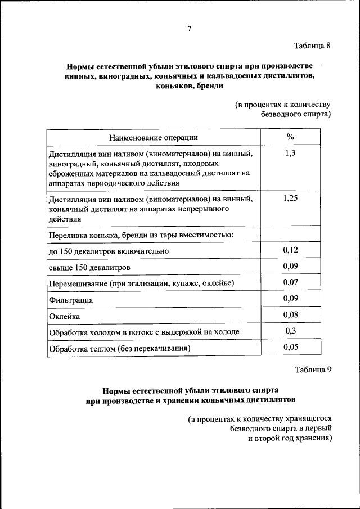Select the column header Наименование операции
154,137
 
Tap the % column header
290,137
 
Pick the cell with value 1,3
290,153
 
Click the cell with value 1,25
290,199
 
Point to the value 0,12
290,249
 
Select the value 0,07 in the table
290,282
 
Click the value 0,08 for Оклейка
290,314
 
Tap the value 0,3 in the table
290,331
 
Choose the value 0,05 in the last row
290,348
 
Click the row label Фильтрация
71,300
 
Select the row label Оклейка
65,316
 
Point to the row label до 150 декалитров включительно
109,251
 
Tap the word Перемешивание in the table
79,283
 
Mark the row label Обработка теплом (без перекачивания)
120,349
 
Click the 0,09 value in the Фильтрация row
290,298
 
